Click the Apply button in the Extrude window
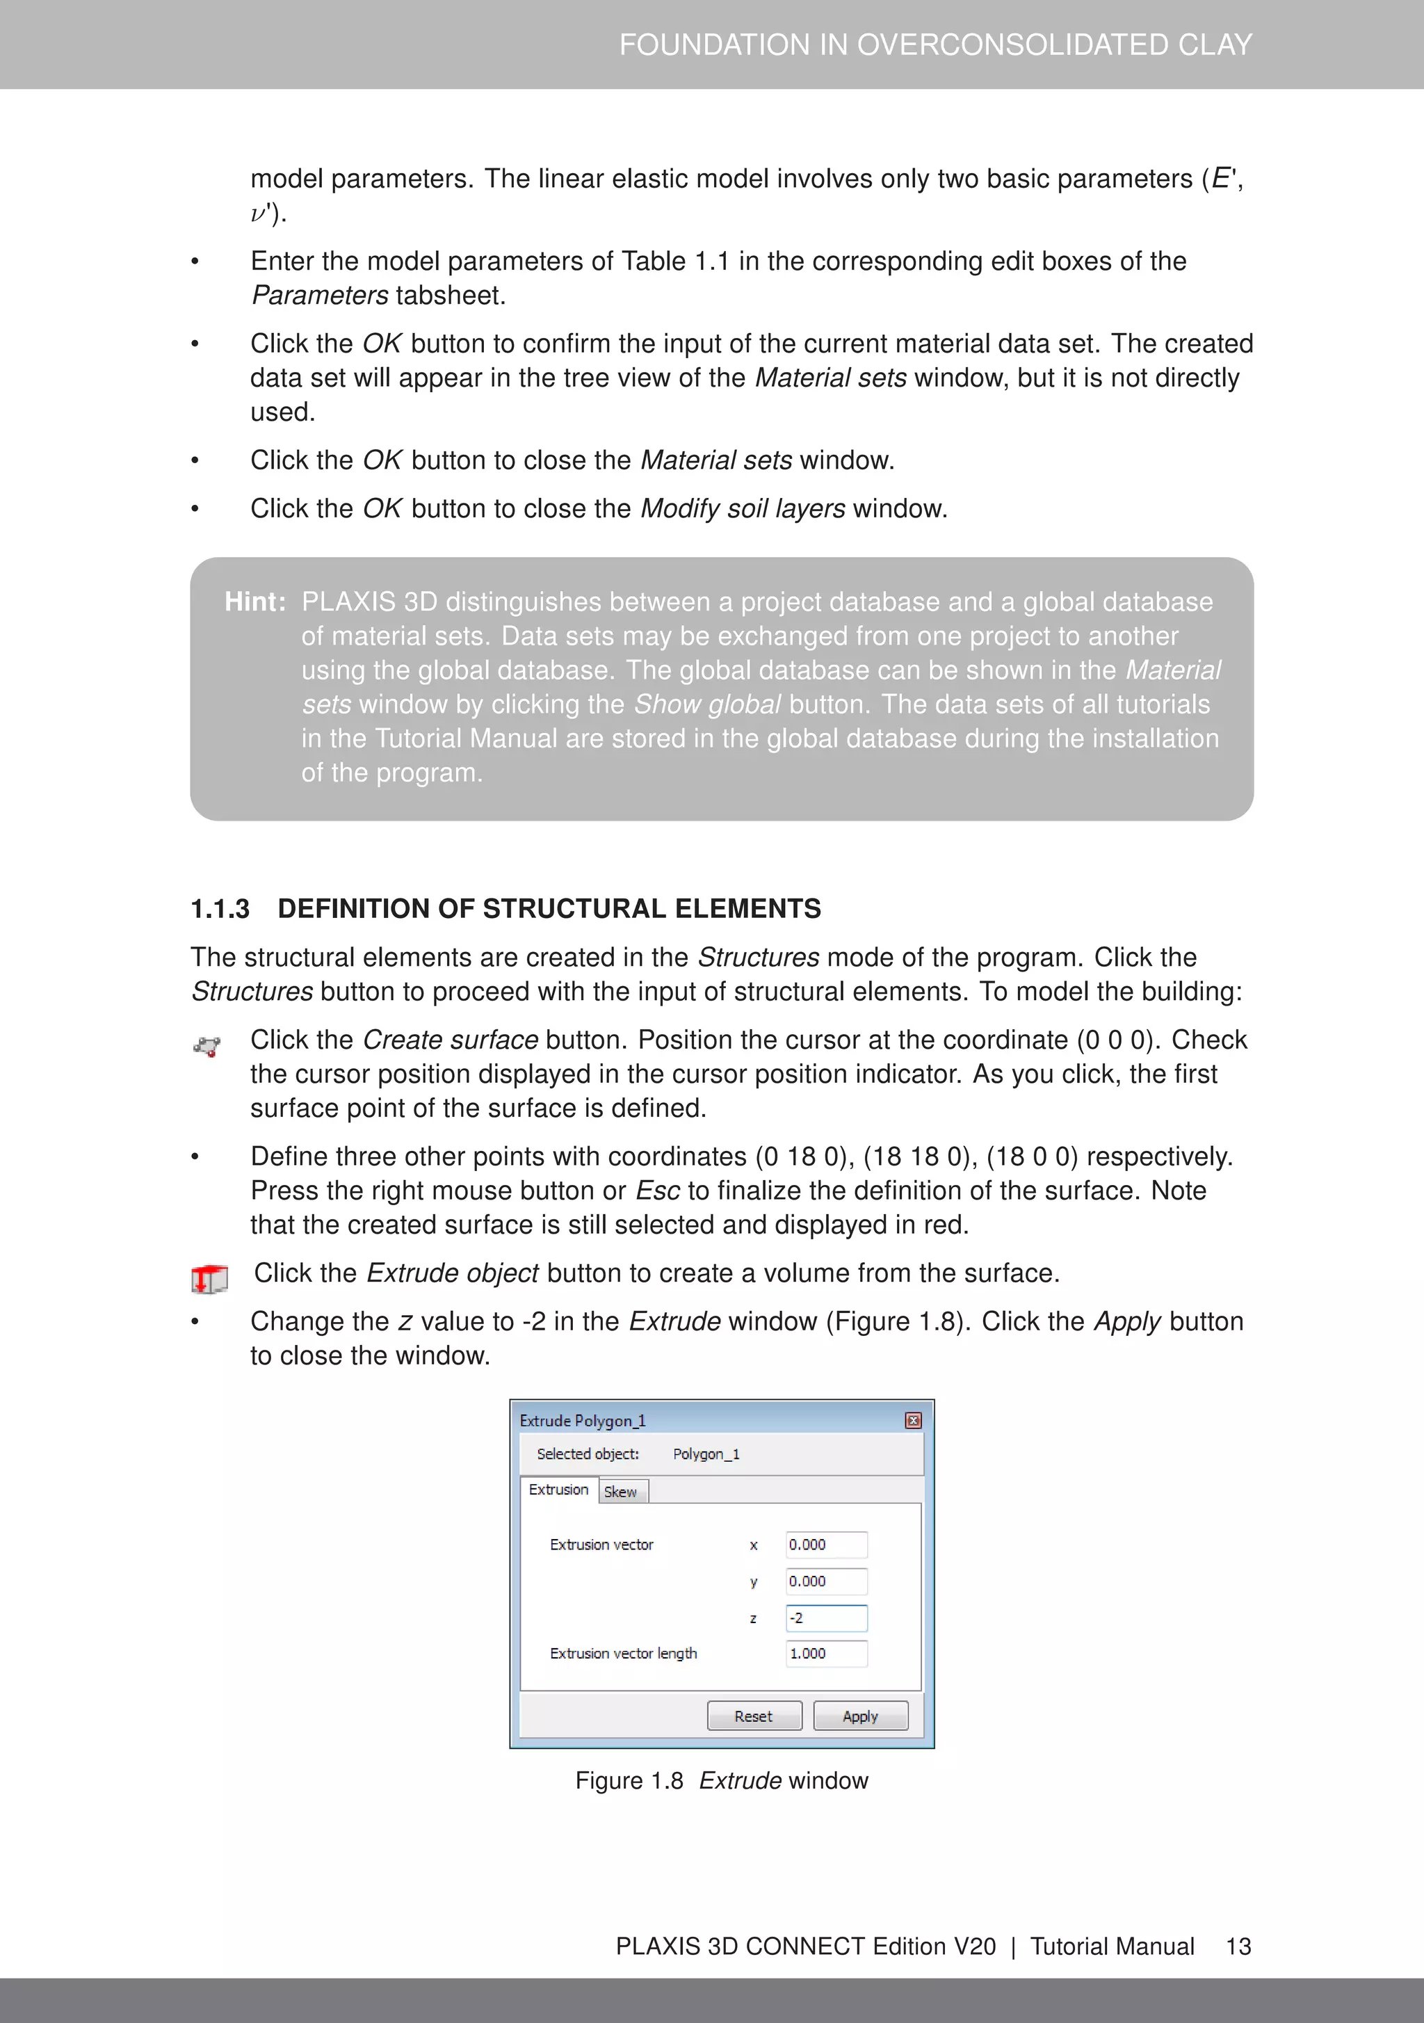[x=860, y=1716]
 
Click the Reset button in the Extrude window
[x=754, y=1716]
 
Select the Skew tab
[x=621, y=1492]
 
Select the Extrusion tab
[x=558, y=1489]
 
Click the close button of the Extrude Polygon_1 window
[x=913, y=1420]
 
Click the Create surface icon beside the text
[x=207, y=1046]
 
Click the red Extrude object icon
[x=209, y=1278]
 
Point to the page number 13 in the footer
[x=1238, y=1946]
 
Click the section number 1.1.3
[x=220, y=908]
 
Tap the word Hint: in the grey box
[x=254, y=602]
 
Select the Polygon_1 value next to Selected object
[x=706, y=1454]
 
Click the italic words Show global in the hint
[x=706, y=704]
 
